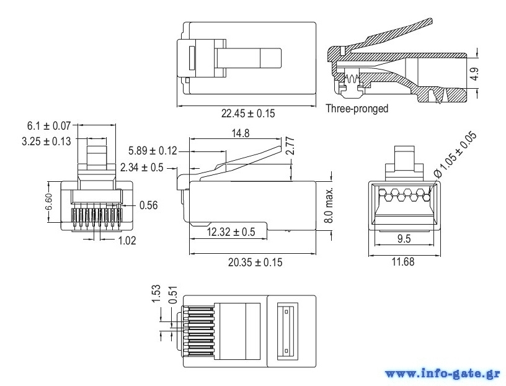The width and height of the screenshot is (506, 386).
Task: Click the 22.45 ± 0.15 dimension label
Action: click(248, 114)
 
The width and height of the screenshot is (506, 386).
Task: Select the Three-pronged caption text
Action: click(357, 109)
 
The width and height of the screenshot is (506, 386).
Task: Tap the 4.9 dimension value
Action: click(474, 74)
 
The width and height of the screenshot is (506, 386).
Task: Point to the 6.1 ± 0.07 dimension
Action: click(49, 125)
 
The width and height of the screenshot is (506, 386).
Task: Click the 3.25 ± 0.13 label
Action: click(46, 141)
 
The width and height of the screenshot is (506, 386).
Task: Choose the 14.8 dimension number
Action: click(241, 133)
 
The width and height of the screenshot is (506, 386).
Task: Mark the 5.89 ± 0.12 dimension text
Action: click(153, 151)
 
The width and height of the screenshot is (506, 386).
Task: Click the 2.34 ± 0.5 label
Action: click(141, 168)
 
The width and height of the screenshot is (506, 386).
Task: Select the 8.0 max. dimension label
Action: click(329, 205)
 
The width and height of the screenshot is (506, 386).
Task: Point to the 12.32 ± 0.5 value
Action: click(231, 231)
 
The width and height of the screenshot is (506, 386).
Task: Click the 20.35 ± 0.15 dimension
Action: click(255, 262)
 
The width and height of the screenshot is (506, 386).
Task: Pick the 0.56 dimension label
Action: click(148, 205)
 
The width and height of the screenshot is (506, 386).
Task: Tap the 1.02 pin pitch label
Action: click(127, 240)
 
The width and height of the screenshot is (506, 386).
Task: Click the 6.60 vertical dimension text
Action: click(49, 202)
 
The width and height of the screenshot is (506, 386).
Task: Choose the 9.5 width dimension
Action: click(404, 238)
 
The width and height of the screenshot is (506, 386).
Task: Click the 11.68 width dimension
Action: click(402, 261)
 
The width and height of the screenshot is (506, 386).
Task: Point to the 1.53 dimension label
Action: click(156, 294)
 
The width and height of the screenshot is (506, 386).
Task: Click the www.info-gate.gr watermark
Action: click(443, 374)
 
